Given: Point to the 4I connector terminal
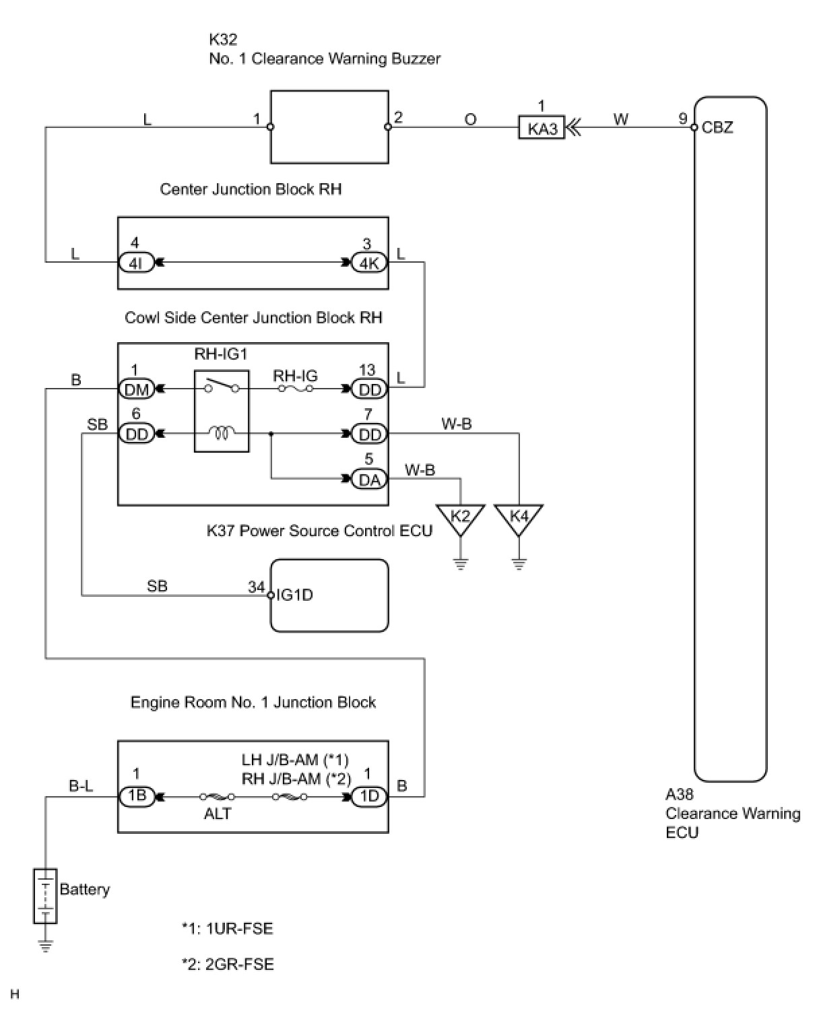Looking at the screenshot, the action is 135,263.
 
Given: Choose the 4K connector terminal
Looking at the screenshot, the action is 369,263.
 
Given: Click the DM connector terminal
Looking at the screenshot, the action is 136,389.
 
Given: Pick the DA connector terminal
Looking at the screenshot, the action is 370,479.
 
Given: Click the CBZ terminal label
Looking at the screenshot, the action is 717,127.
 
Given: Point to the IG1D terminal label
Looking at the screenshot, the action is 294,595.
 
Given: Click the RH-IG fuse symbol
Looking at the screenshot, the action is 295,389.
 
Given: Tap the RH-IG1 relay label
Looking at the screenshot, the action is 221,354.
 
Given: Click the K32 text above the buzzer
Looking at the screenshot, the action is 223,39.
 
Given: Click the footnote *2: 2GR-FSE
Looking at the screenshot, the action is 228,964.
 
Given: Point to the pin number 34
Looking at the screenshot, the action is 256,587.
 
